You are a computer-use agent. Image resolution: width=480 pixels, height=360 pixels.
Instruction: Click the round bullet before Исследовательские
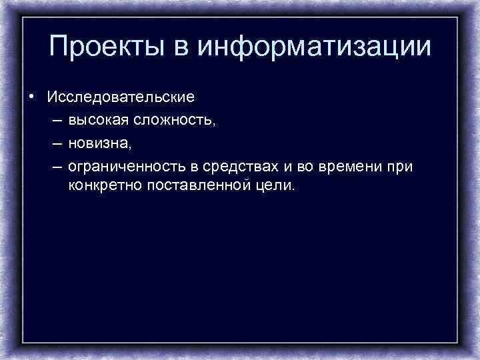tap(31, 97)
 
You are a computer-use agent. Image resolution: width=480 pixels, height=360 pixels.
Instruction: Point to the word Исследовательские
tap(121, 97)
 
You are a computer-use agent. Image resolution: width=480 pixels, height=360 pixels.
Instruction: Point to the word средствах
tap(236, 165)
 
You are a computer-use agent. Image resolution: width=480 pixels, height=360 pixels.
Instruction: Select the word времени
tap(348, 165)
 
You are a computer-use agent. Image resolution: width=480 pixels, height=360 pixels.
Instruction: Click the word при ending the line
tap(400, 165)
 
